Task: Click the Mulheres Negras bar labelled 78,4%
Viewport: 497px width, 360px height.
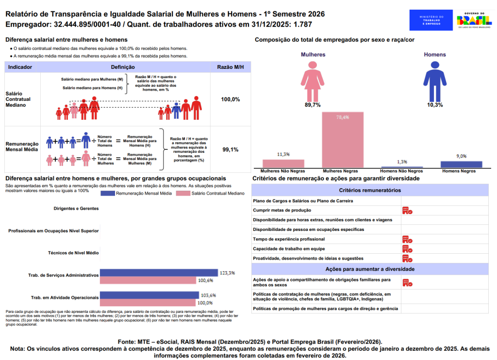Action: (343, 140)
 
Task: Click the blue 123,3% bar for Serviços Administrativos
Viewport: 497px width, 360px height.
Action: (160, 273)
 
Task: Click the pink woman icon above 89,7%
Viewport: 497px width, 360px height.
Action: (313, 80)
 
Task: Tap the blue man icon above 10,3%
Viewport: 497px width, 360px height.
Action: (434, 80)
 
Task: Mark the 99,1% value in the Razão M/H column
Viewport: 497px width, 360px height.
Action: (230, 149)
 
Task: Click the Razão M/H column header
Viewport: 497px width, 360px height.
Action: (230, 67)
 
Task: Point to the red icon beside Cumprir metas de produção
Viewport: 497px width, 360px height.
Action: (407, 211)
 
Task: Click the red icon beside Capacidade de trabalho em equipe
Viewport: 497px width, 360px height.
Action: (407, 249)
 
